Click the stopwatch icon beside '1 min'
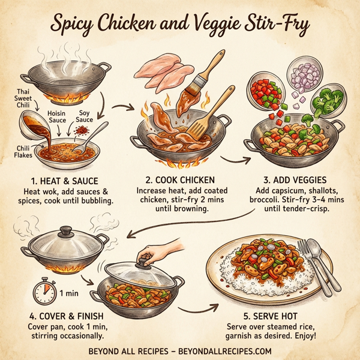point(43,292)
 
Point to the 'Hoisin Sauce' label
point(57,116)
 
